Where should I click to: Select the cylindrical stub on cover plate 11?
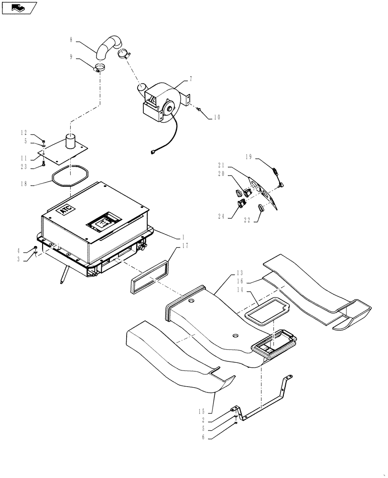pyautogui.click(x=72, y=141)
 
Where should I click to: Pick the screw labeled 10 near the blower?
pyautogui.click(x=199, y=109)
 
